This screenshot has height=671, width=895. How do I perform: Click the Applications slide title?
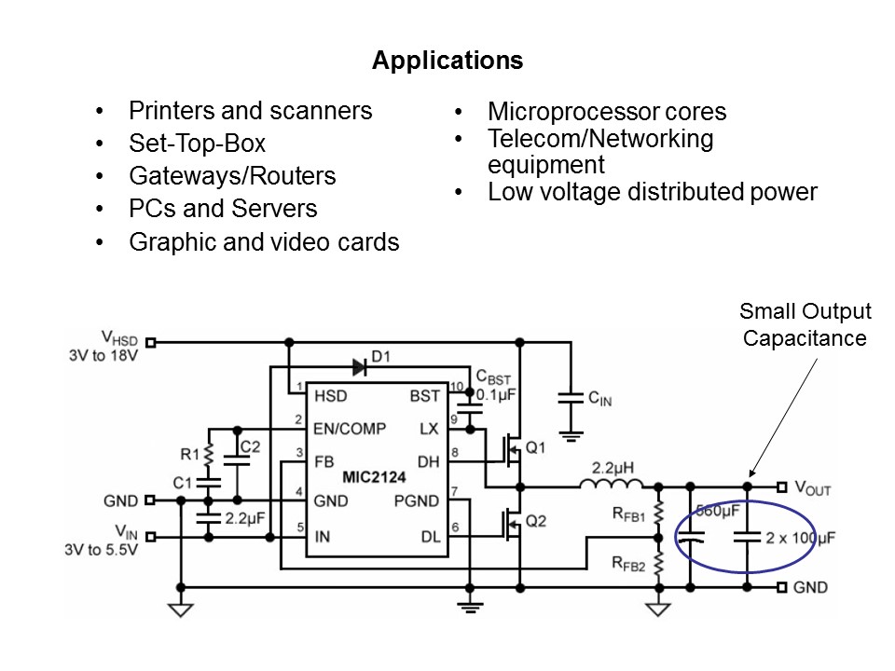(x=447, y=62)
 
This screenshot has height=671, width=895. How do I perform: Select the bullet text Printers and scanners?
(x=250, y=111)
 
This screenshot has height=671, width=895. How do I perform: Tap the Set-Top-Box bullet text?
(x=197, y=144)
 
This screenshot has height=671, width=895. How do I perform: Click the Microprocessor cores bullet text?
(x=606, y=113)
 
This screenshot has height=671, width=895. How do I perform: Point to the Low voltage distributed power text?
(x=652, y=193)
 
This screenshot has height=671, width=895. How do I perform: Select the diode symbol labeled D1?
(x=359, y=366)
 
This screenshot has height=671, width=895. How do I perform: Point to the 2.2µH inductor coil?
(x=612, y=484)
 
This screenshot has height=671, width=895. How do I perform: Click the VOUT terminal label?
(x=810, y=487)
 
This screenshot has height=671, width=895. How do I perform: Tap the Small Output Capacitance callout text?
(x=805, y=324)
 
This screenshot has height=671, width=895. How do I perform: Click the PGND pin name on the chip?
(x=416, y=501)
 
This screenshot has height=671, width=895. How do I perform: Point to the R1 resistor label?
(x=190, y=454)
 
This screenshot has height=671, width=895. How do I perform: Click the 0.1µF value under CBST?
(x=495, y=395)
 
